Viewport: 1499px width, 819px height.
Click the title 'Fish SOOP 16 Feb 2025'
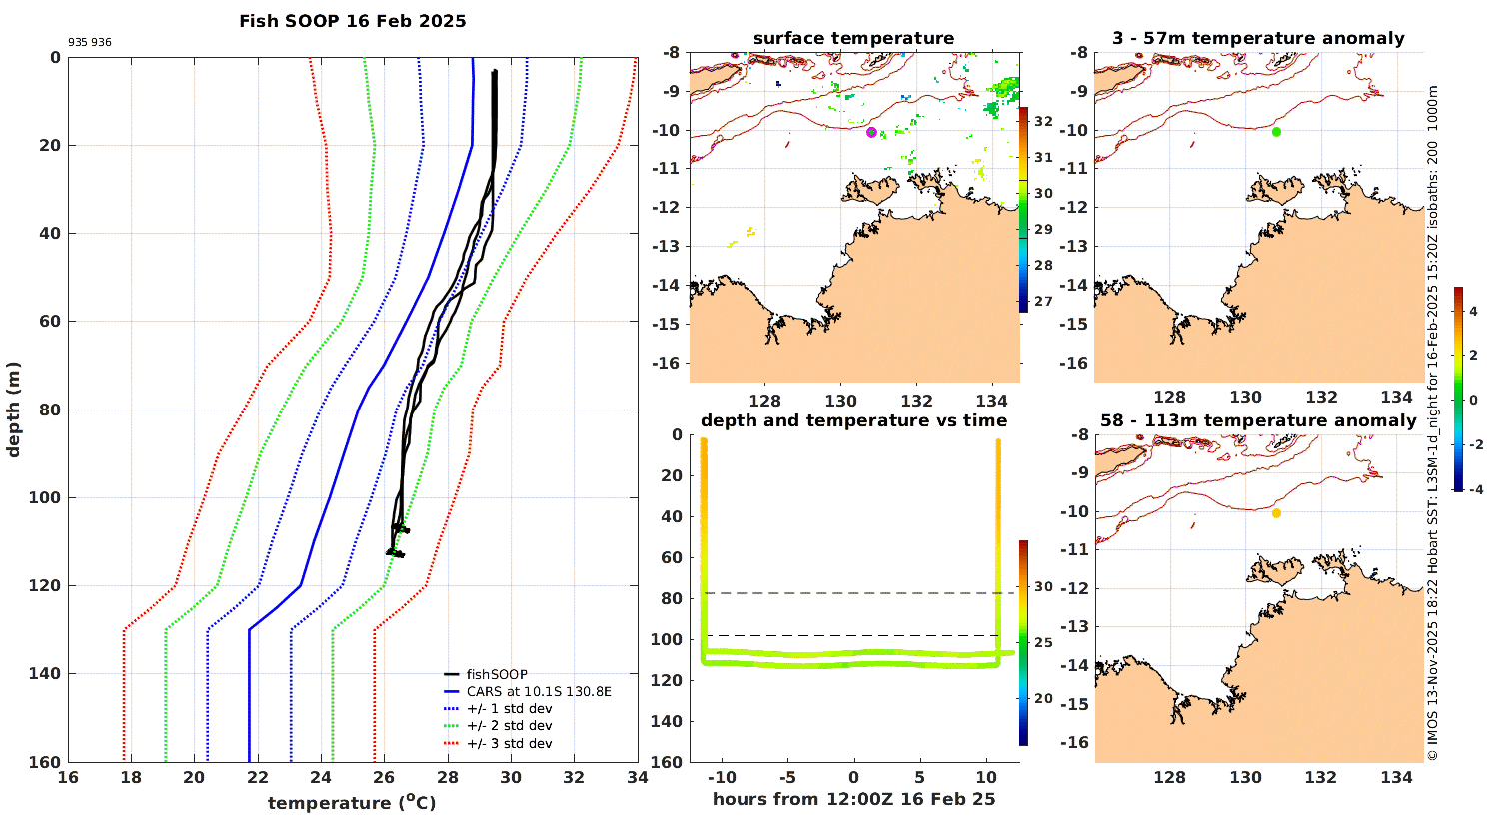(352, 21)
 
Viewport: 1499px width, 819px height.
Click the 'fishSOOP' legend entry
(496, 674)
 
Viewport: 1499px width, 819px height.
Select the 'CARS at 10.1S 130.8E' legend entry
(539, 691)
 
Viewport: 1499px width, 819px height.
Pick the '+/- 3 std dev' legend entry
(509, 743)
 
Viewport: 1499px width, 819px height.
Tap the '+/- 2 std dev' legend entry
(509, 726)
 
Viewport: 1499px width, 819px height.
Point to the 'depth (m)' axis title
(13, 409)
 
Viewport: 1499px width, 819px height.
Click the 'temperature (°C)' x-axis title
(352, 802)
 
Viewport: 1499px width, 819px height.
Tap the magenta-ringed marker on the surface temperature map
(871, 132)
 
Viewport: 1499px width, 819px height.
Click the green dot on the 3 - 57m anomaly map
(1276, 132)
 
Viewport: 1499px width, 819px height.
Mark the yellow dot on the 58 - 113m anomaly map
(1276, 513)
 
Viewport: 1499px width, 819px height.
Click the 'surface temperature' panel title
(853, 38)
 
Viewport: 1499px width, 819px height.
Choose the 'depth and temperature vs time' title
(853, 420)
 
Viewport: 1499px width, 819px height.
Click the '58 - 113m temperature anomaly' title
(1258, 420)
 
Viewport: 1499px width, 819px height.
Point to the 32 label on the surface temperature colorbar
(1043, 122)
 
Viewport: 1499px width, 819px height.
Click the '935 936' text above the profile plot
(90, 43)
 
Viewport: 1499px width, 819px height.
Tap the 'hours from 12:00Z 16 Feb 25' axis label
(853, 798)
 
